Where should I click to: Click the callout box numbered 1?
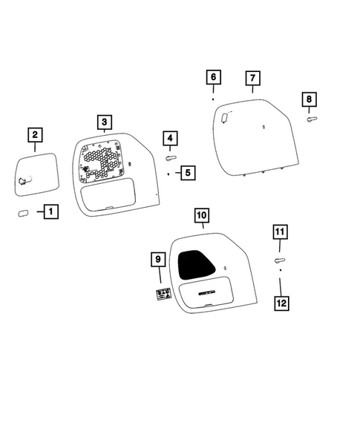[x=50, y=213]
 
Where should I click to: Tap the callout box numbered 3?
[x=105, y=122]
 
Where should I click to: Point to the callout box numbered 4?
[x=170, y=138]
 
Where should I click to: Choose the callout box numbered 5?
[x=186, y=173]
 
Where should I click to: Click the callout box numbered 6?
[x=213, y=77]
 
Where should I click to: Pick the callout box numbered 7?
[x=252, y=78]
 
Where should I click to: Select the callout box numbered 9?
[x=157, y=260]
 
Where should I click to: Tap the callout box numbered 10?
[x=202, y=216]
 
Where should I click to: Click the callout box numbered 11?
[x=280, y=233]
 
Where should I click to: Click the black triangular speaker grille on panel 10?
[x=197, y=263]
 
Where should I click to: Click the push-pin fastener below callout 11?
[x=280, y=260]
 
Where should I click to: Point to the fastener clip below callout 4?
[x=171, y=157]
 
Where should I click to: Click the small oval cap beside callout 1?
[x=22, y=214]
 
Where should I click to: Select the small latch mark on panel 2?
[x=24, y=180]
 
